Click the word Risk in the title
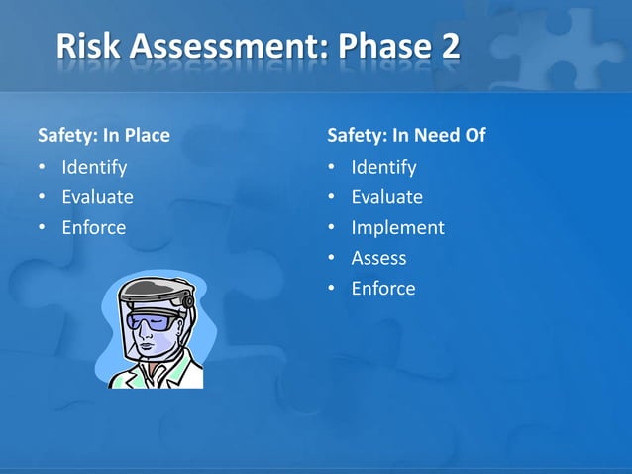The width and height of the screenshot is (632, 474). (90, 46)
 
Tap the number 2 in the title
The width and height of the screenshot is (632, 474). (447, 46)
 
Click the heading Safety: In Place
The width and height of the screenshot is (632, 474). (103, 135)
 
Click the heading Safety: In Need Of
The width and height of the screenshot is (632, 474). (406, 135)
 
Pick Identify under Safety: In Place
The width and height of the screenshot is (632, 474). (94, 167)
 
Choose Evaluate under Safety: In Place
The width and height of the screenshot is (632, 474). (97, 197)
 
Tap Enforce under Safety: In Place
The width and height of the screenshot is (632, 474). (94, 228)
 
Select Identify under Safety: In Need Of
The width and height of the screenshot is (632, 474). (383, 167)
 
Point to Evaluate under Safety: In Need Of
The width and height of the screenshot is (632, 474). (386, 197)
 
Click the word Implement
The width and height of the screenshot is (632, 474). (397, 228)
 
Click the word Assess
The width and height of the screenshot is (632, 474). (378, 258)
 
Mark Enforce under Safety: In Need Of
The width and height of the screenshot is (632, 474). (383, 289)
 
